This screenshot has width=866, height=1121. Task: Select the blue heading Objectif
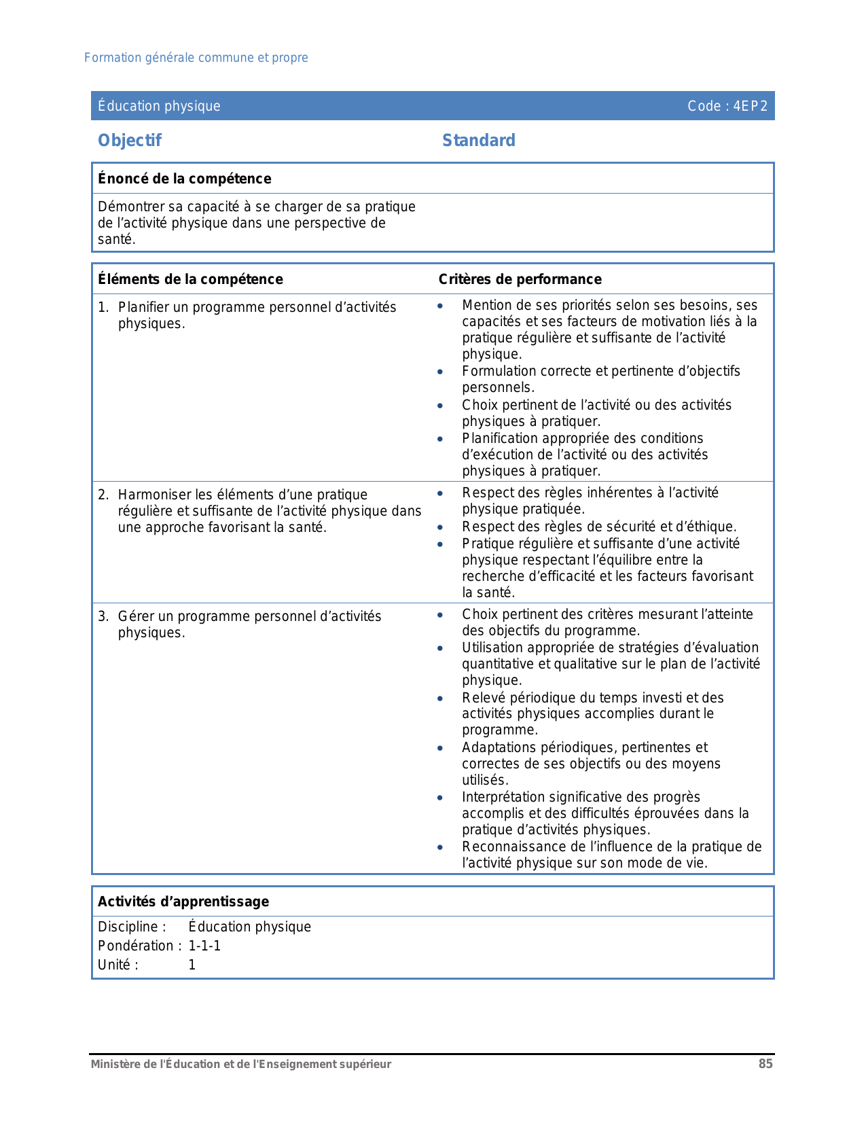130,141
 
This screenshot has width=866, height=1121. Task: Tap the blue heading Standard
479,141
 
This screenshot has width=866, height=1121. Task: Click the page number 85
765,1064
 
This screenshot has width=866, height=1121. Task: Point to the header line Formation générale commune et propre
196,58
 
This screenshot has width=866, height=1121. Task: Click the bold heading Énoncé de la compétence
185,179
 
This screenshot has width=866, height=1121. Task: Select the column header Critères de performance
520,279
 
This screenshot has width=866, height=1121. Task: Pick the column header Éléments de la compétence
190,279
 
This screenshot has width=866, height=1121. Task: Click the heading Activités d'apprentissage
183,902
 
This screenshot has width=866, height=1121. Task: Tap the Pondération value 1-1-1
204,946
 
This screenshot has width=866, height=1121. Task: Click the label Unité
118,965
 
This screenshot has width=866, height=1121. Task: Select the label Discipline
132,927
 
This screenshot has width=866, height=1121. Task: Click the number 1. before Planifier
103,307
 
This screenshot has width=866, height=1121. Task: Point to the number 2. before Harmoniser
103,495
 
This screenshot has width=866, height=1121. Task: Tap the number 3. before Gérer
103,616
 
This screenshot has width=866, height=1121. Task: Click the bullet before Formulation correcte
440,372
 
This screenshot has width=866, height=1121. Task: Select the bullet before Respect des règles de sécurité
440,527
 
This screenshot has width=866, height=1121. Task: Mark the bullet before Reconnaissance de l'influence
440,847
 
